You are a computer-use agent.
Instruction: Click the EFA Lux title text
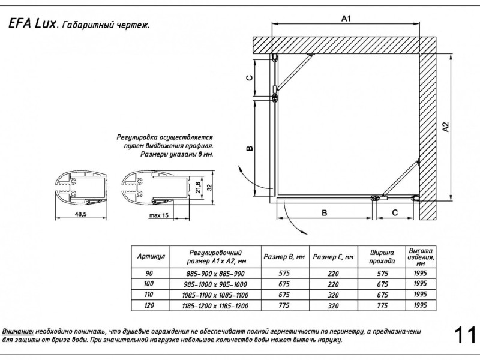coord(32,25)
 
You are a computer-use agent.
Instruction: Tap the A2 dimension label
coord(445,127)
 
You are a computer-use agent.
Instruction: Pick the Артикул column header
coord(151,257)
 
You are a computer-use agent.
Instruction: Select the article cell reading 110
coord(149,295)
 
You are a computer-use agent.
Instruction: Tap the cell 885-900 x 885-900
coord(215,273)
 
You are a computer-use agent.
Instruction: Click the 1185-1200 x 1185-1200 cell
coord(215,306)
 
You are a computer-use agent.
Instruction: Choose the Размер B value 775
coord(285,306)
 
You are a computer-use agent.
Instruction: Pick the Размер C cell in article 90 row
coord(333,273)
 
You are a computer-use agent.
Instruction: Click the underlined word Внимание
coord(18,331)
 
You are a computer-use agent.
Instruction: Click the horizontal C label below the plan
coord(395,213)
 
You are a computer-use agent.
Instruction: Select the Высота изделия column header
coord(421,256)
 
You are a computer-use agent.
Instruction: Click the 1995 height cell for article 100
coord(421,283)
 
